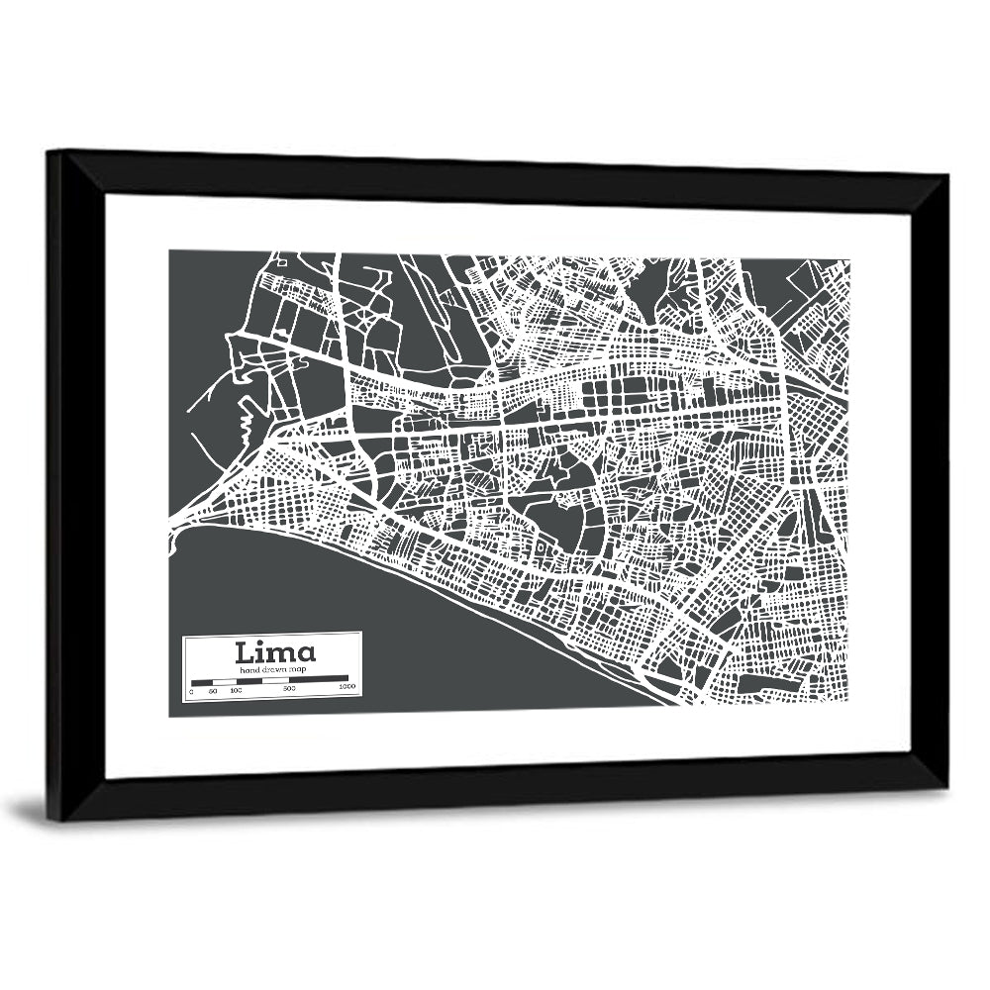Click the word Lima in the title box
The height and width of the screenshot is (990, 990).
pyautogui.click(x=275, y=652)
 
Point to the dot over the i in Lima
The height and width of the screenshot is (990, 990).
pyautogui.click(x=266, y=644)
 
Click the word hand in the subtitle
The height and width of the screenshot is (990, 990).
pyautogui.click(x=248, y=670)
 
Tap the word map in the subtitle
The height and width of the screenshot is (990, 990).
pyautogui.click(x=299, y=670)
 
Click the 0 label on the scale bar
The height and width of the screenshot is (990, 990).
pyautogui.click(x=191, y=690)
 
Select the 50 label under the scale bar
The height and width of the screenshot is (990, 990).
pyautogui.click(x=213, y=690)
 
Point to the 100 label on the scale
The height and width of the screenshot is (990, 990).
pyautogui.click(x=236, y=690)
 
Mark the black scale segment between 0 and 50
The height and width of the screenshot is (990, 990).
pyautogui.click(x=202, y=681)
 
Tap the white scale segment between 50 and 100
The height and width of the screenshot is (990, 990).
pyautogui.click(x=224, y=681)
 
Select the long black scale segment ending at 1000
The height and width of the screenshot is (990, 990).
pyautogui.click(x=318, y=681)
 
